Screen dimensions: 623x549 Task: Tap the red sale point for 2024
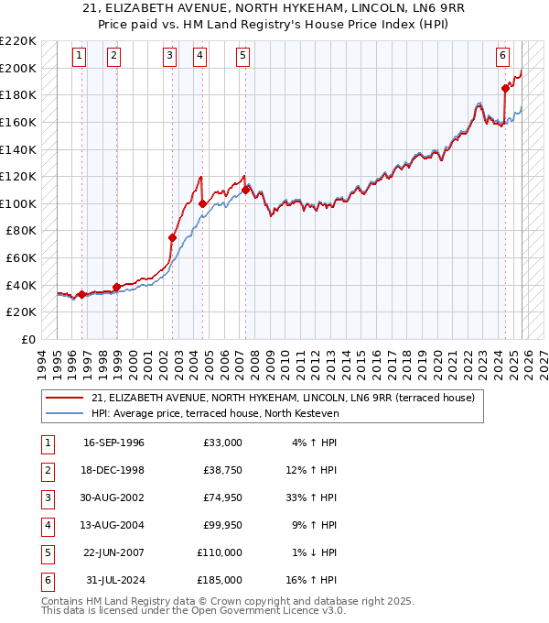pos(504,88)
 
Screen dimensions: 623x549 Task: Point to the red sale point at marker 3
pos(172,237)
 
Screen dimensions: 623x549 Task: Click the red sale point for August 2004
pos(201,203)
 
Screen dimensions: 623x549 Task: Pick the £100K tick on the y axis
pos(18,203)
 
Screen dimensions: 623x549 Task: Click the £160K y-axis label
pos(18,122)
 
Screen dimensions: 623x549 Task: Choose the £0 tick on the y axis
pos(29,339)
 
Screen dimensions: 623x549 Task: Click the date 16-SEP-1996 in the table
pos(113,443)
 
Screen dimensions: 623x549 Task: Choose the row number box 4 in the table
pos(46,526)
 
